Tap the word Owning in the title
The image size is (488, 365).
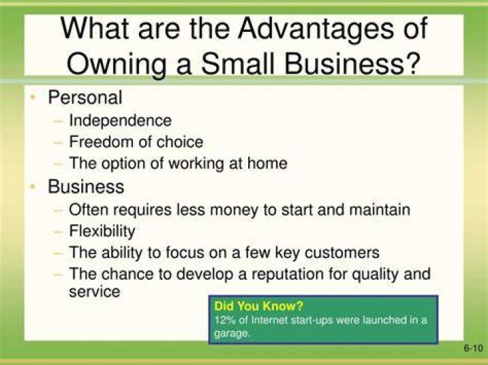pos(116,64)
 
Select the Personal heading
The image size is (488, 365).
pos(85,98)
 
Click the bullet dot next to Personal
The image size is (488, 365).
pos(33,98)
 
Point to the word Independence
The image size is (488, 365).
pos(120,121)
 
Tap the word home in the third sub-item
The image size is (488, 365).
pos(267,163)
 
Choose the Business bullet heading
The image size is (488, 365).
pos(86,186)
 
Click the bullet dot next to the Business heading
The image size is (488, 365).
pos(33,186)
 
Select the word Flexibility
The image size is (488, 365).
pos(102,232)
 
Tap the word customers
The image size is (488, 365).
pos(342,253)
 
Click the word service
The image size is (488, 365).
pos(94,292)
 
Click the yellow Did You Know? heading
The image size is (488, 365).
pos(259,306)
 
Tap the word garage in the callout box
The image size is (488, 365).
pos(232,334)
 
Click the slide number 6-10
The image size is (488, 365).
pos(473,348)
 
